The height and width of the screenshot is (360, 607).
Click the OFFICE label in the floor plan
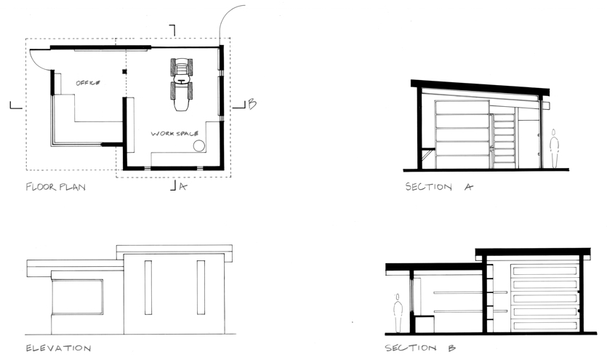pyautogui.click(x=88, y=83)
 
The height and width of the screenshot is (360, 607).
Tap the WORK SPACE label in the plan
pyautogui.click(x=174, y=134)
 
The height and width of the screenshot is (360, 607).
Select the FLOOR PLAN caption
pyautogui.click(x=56, y=187)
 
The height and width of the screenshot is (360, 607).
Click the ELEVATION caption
pyautogui.click(x=58, y=348)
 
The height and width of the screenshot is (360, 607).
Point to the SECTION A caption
pyautogui.click(x=439, y=187)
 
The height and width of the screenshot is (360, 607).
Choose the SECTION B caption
pyautogui.click(x=420, y=348)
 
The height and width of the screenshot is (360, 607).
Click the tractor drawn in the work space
pyautogui.click(x=182, y=84)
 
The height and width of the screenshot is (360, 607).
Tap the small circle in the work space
pyautogui.click(x=199, y=146)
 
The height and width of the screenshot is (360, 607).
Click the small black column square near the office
pyautogui.click(x=124, y=71)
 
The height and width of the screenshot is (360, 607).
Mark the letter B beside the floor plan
pyautogui.click(x=252, y=104)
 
